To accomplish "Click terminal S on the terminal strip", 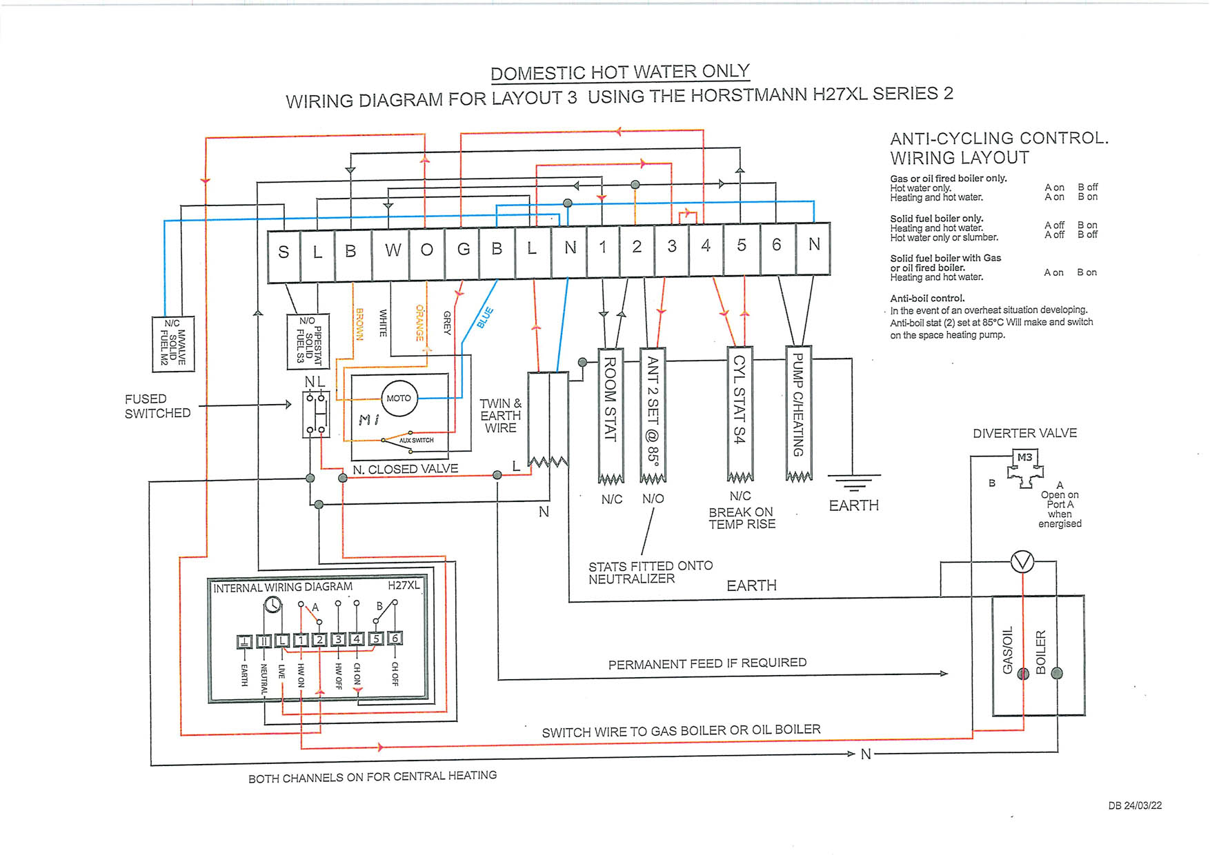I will pyautogui.click(x=284, y=252).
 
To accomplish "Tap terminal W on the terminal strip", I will pyautogui.click(x=393, y=250).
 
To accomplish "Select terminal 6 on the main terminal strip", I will pyautogui.click(x=777, y=245).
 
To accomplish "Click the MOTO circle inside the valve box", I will pyautogui.click(x=399, y=399).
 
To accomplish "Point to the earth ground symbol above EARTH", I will pyautogui.click(x=853, y=482).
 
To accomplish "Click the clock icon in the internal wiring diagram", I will pyautogui.click(x=272, y=605).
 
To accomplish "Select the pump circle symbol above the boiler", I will pyautogui.click(x=1022, y=563).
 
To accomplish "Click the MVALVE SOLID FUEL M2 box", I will pyautogui.click(x=172, y=343).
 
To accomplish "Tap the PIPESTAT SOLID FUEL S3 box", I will pyautogui.click(x=308, y=341).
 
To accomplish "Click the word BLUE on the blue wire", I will pyautogui.click(x=485, y=318).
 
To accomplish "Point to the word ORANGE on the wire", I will pyautogui.click(x=419, y=323).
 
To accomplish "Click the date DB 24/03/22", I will pyautogui.click(x=1135, y=805).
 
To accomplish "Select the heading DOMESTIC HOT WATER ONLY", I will pyautogui.click(x=619, y=72).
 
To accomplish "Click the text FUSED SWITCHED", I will pyautogui.click(x=157, y=406).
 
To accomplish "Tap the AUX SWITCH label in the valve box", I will pyautogui.click(x=416, y=440).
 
